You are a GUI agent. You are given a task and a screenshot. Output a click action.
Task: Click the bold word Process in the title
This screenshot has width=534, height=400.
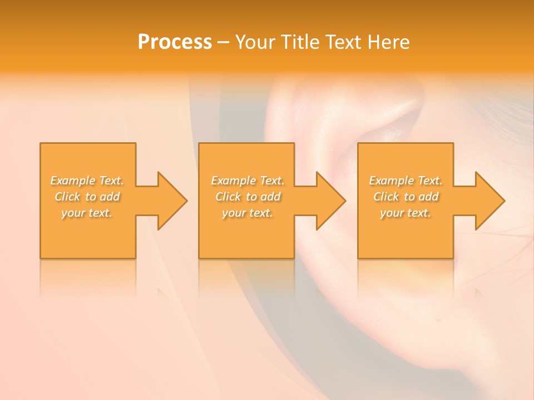(x=175, y=42)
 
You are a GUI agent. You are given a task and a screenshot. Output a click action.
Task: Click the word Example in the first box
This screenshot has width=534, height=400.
(x=72, y=181)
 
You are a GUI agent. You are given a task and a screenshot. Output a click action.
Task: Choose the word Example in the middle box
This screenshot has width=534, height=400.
(x=233, y=181)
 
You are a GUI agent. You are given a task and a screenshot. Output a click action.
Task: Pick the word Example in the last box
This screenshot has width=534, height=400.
(x=391, y=181)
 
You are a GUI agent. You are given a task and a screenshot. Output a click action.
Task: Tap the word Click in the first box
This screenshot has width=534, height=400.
(x=67, y=197)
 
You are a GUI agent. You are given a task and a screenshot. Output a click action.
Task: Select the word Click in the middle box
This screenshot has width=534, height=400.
(x=228, y=197)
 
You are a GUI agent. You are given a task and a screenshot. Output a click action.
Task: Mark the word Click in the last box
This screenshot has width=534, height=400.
(x=386, y=197)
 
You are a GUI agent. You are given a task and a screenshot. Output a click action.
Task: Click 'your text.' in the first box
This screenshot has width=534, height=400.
(x=87, y=213)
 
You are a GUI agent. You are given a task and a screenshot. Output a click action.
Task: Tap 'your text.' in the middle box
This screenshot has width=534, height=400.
(x=248, y=213)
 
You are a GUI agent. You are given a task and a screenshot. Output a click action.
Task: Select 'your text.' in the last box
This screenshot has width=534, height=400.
(x=406, y=213)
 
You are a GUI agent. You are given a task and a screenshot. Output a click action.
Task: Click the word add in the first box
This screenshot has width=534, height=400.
(x=110, y=197)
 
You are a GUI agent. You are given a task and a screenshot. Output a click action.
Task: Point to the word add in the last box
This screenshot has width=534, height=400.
(x=429, y=197)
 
